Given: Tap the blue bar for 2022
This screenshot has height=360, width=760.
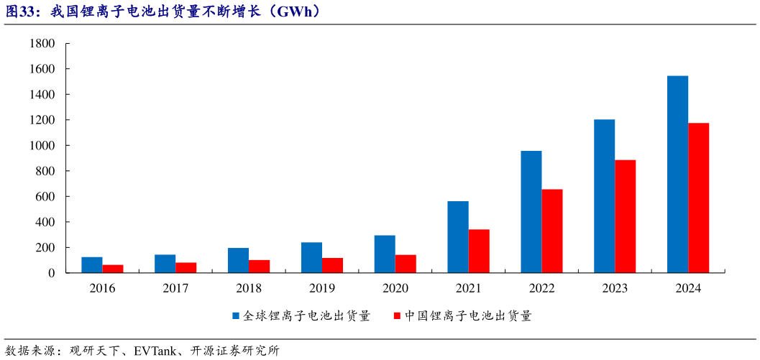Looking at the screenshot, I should [531, 212].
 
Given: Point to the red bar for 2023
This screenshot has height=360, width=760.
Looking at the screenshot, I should [626, 216].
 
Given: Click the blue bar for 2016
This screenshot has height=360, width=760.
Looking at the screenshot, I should [92, 265].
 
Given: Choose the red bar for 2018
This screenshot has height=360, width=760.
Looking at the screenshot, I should [259, 267].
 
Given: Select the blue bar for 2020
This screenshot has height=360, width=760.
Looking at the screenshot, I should [385, 254].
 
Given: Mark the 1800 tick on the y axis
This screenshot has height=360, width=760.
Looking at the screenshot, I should [43, 44].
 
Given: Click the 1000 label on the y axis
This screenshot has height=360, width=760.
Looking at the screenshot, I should [43, 146].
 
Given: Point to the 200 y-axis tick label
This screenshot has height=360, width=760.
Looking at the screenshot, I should [46, 248].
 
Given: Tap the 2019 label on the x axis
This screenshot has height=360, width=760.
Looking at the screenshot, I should [321, 288].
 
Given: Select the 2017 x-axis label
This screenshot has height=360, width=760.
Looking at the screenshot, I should [175, 288].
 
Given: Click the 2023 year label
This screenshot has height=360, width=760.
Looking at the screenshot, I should [615, 288].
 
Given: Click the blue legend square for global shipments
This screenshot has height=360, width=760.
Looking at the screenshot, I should [235, 315].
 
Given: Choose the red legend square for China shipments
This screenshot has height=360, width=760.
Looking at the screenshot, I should [396, 315].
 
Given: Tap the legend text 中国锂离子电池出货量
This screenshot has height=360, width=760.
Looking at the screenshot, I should [467, 315].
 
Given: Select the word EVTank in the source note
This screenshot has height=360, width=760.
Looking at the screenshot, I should [163, 351].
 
